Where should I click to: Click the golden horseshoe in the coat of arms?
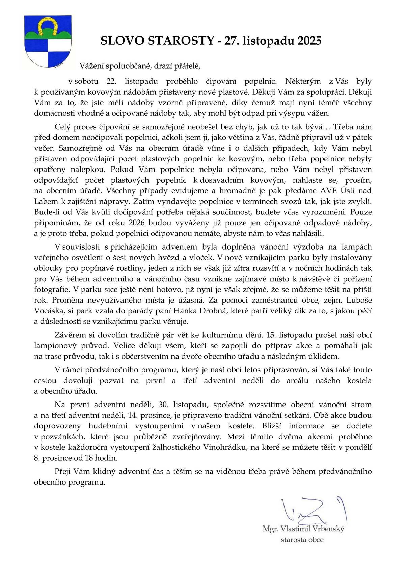[47, 27]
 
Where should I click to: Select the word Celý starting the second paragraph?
[62, 127]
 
